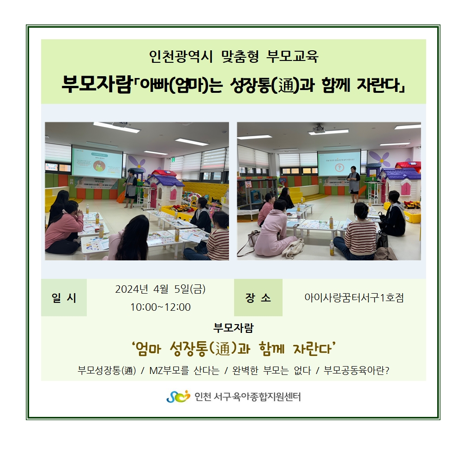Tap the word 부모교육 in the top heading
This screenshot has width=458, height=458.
[292, 56]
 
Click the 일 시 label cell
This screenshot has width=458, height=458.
[64, 298]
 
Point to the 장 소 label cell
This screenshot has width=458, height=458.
[258, 298]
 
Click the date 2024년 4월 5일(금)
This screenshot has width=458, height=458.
[160, 289]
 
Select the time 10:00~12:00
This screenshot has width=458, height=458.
[160, 307]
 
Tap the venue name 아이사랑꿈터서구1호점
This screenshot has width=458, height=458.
[354, 298]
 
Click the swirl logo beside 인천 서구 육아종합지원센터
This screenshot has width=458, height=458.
[178, 397]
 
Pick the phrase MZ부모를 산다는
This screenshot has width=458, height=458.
[184, 370]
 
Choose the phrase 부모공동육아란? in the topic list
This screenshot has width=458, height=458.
[356, 370]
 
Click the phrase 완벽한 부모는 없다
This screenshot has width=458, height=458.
[271, 370]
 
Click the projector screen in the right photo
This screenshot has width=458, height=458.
[339, 163]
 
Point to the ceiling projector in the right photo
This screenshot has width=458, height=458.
[319, 128]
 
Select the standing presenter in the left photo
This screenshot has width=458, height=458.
[130, 188]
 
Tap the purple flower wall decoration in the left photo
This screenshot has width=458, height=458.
[137, 162]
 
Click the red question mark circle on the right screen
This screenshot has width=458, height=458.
[339, 168]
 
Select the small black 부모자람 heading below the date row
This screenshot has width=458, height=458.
[233, 328]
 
